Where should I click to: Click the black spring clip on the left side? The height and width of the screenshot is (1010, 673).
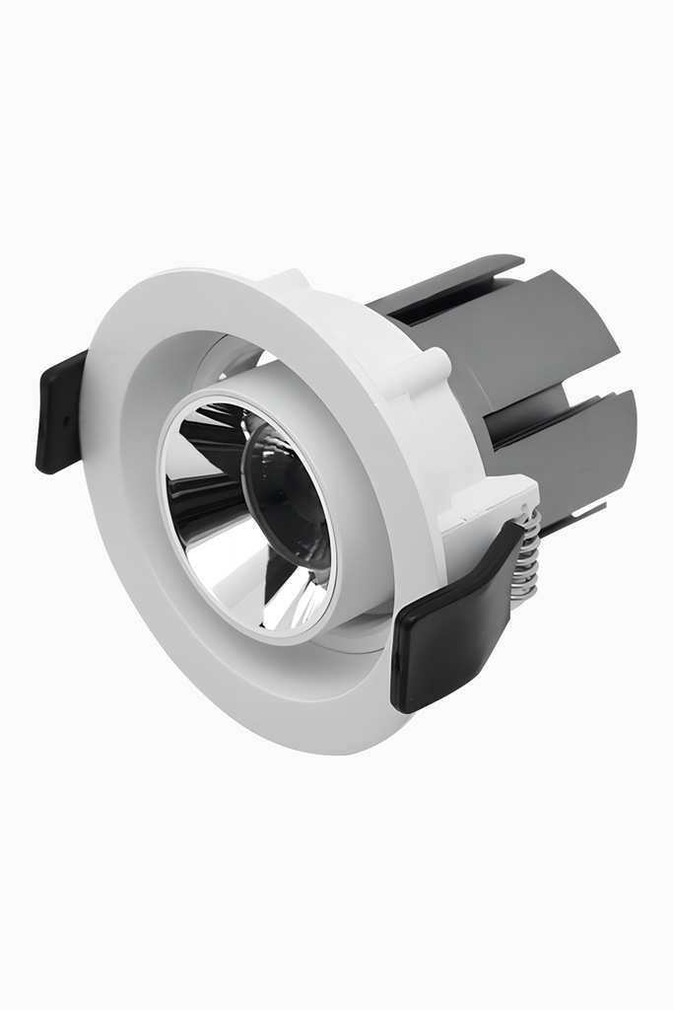coord(60,410)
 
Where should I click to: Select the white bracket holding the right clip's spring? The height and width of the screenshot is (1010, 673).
coord(493,503)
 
